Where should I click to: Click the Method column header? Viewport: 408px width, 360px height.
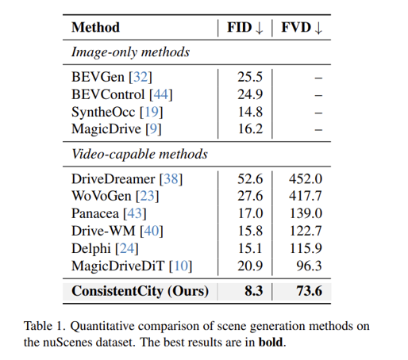[95, 28]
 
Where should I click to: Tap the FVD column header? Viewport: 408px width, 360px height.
[301, 28]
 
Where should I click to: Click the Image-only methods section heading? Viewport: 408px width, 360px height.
[131, 52]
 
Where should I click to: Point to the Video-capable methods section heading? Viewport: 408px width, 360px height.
[140, 154]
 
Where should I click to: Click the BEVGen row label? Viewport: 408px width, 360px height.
[111, 77]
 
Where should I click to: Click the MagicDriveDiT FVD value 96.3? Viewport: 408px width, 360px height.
[310, 263]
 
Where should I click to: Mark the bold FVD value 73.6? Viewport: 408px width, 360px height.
[309, 291]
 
